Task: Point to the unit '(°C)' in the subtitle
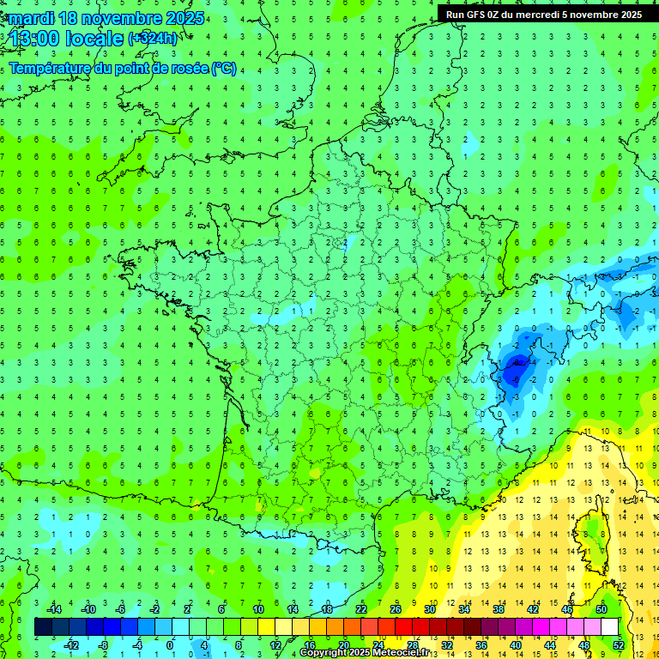click(x=224, y=69)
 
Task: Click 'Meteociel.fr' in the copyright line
click(x=394, y=653)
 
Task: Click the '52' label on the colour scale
click(x=618, y=645)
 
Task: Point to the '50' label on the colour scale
click(x=602, y=609)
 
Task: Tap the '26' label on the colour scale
click(x=396, y=609)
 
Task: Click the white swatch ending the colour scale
click(x=609, y=627)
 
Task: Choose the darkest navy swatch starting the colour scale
click(x=43, y=627)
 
